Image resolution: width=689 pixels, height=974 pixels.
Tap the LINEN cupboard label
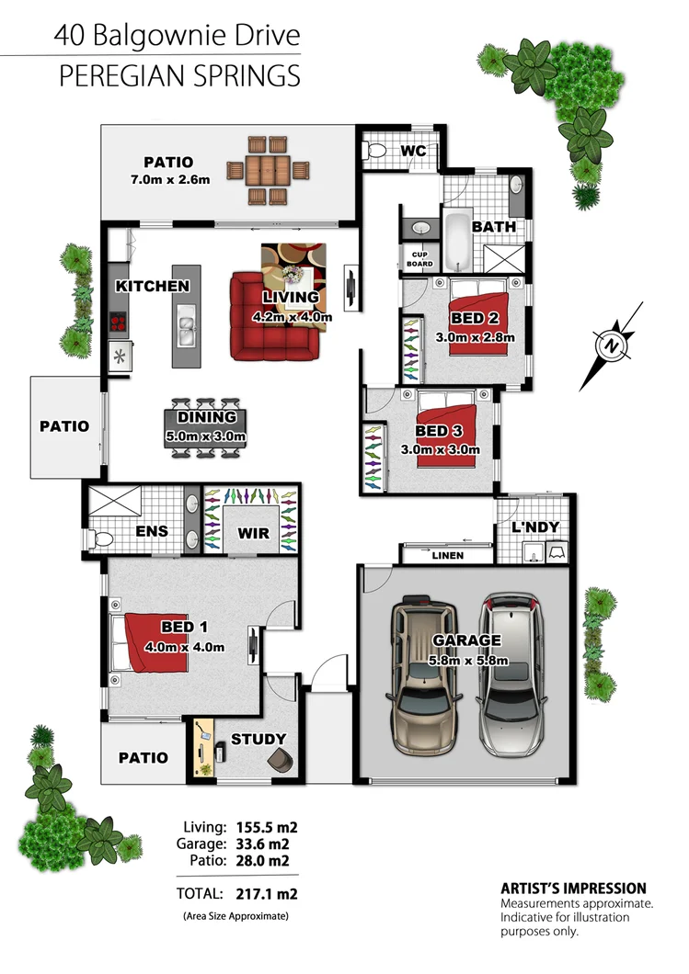point(447,556)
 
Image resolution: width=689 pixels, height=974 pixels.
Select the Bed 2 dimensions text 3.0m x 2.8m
point(476,336)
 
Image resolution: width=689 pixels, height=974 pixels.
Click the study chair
point(281,760)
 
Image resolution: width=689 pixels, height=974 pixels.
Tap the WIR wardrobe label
point(251,532)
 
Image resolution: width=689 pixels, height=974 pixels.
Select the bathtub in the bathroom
point(458,241)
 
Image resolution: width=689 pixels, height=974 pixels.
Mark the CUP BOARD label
point(419,259)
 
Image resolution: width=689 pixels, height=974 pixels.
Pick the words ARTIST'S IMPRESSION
point(572,889)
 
